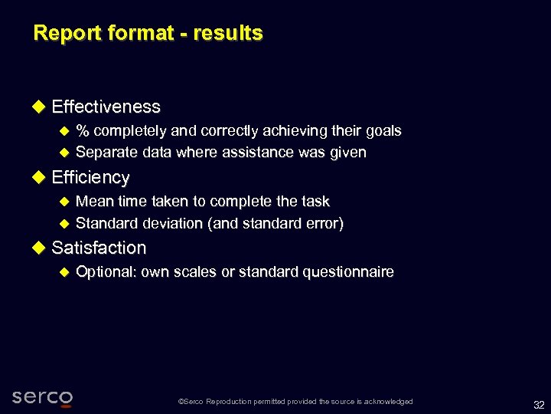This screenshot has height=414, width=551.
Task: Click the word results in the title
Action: [x=229, y=33]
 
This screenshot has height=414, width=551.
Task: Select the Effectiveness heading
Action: [x=106, y=107]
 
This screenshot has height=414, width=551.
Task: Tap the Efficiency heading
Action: [x=90, y=177]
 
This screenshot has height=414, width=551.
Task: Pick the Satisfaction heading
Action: [x=99, y=248]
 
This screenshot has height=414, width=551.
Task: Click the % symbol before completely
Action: [x=82, y=130]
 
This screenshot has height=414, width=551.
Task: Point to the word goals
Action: [x=383, y=130]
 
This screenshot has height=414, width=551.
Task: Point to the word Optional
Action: [x=106, y=271]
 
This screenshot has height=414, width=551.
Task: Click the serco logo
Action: [x=43, y=397]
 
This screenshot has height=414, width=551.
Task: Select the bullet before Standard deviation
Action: [x=64, y=224]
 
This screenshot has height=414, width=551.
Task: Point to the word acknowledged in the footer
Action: [x=389, y=402]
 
